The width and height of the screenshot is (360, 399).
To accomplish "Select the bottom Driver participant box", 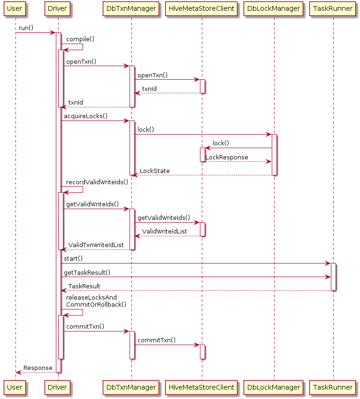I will [x=58, y=387].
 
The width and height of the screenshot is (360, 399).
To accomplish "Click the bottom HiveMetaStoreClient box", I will [x=202, y=387].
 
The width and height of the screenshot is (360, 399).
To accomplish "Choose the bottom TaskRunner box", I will [x=333, y=387].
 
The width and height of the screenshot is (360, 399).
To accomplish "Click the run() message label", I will [x=26, y=28].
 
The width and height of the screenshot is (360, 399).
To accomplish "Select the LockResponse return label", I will [x=227, y=158].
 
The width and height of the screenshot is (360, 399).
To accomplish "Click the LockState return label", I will [x=155, y=171].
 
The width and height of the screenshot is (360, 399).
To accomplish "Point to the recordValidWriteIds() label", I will [x=97, y=182].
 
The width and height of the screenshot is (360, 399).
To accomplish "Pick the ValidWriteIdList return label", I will [x=165, y=232].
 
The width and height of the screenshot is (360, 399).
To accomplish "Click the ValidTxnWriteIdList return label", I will [x=96, y=245].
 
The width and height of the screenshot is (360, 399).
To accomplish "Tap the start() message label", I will [x=73, y=259].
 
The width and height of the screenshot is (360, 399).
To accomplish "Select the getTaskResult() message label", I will [x=87, y=272].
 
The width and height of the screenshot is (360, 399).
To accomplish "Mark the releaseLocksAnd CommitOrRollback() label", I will [x=96, y=301].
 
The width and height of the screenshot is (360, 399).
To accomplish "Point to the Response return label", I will [x=38, y=368].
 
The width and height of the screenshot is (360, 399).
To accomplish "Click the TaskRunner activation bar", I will [x=333, y=277].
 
